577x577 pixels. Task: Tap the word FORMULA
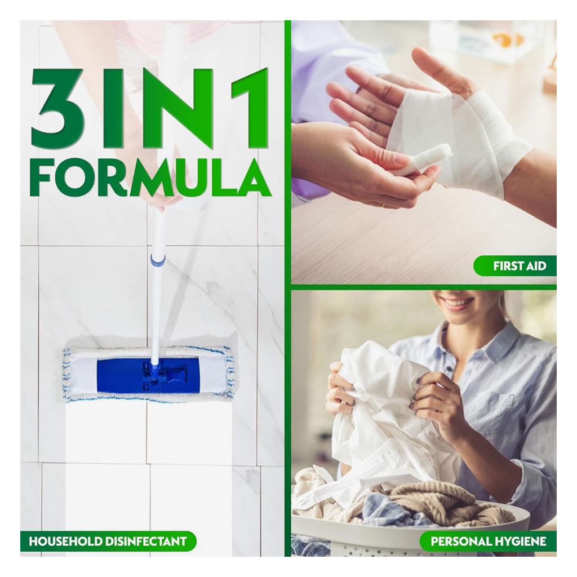click(149, 177)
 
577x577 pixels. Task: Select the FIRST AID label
click(519, 266)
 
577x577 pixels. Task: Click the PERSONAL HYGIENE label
click(488, 542)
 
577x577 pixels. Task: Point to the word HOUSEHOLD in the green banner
click(66, 542)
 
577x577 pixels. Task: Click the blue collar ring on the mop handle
click(157, 260)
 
